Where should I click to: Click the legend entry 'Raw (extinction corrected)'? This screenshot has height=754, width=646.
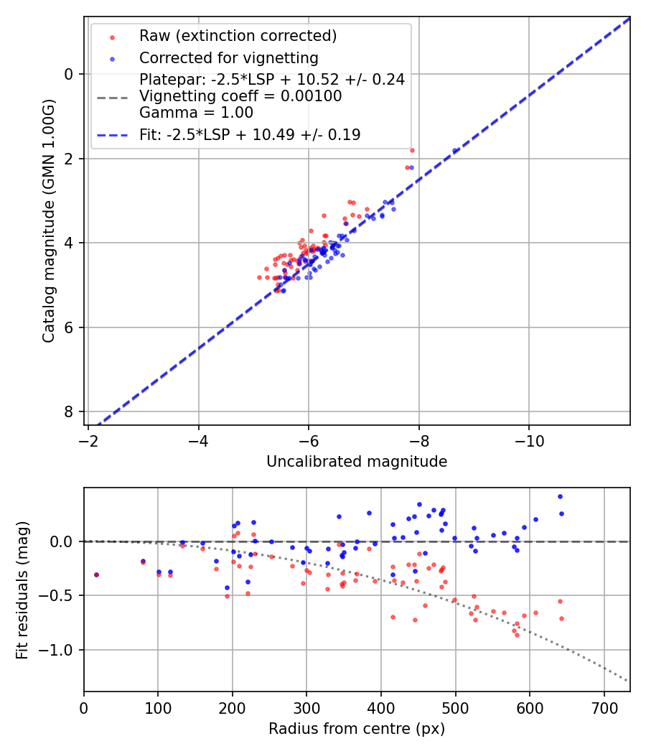[x=238, y=36]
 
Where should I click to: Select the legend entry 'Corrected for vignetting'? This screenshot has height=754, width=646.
[x=228, y=57]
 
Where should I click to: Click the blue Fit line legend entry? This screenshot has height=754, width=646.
[x=249, y=134]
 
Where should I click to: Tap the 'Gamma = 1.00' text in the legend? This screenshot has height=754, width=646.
[x=196, y=112]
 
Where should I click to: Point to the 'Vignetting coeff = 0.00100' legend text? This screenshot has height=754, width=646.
[x=240, y=96]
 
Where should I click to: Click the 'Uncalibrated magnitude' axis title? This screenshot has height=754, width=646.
[x=357, y=462]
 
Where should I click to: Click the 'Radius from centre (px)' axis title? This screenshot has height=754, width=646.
[x=357, y=729]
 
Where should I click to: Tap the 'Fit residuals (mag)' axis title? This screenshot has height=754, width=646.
[x=22, y=590]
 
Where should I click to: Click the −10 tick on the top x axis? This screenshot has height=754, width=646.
[x=529, y=439]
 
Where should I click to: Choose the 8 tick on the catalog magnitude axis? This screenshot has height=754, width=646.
[x=70, y=411]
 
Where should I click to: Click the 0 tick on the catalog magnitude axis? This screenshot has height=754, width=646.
[x=70, y=74]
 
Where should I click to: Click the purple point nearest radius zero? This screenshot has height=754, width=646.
[x=96, y=574]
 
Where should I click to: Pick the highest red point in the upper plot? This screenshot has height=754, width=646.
[x=412, y=150]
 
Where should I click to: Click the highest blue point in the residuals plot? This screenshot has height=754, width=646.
[x=560, y=496]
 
